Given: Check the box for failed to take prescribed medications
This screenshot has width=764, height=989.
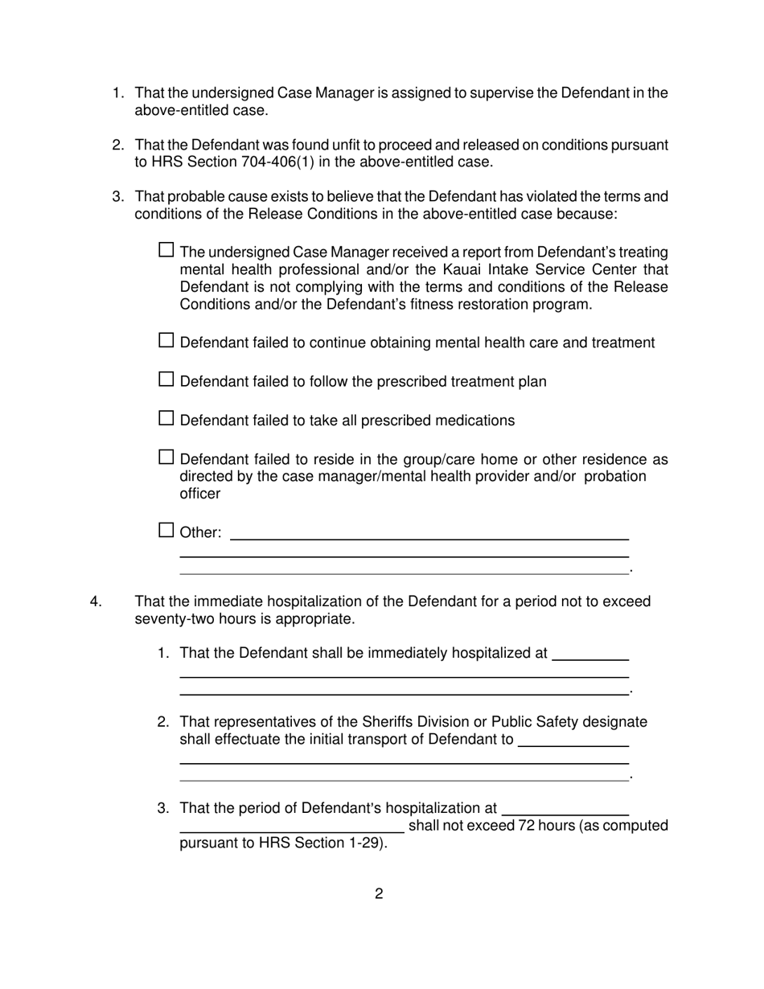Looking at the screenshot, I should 166,418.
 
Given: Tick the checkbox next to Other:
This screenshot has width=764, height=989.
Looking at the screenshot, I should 166,530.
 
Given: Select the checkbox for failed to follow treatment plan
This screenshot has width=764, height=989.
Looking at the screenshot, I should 166,379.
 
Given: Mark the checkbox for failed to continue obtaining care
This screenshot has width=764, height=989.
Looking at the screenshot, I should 166,340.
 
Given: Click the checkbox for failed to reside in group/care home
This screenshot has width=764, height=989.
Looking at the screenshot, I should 166,458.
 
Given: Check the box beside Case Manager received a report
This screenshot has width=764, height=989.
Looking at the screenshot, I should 166,249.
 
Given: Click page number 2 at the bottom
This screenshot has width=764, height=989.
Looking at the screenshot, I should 379,893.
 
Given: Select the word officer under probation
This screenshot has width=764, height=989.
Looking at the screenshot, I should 199,494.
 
